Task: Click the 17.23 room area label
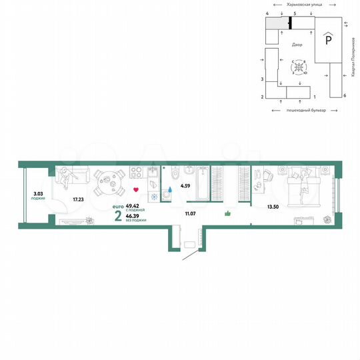(x=78, y=199)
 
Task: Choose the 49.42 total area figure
(x=132, y=207)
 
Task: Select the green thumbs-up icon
(x=227, y=213)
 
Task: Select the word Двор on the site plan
(x=297, y=45)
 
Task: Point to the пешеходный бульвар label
(x=305, y=109)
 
